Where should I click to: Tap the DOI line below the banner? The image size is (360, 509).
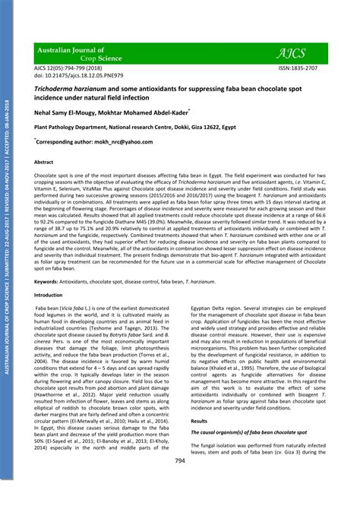tap(73, 76)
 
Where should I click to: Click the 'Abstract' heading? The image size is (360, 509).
tap(44, 163)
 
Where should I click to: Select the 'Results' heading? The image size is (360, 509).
tap(199, 420)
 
